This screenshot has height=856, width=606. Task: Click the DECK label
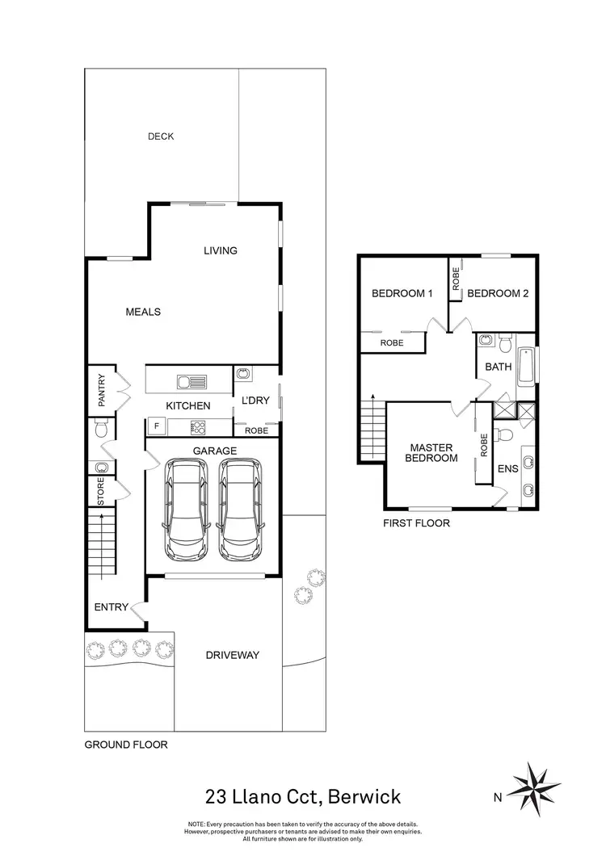pos(161,136)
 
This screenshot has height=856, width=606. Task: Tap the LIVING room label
pos(220,250)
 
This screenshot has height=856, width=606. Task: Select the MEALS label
pos(143,312)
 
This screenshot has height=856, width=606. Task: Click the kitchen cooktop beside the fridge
pos(197,427)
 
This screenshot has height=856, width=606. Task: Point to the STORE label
pos(101,493)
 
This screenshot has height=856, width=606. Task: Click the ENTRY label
pos(112,607)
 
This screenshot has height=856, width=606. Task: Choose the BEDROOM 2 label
pos(498,294)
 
